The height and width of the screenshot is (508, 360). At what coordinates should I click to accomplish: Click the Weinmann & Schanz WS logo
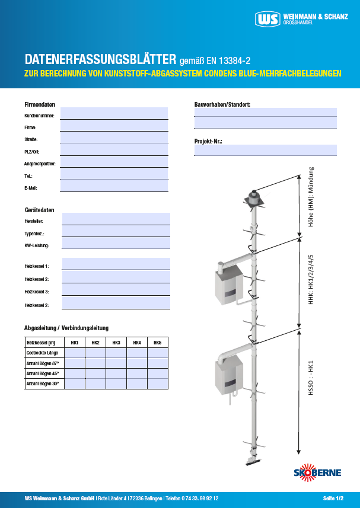[268, 19]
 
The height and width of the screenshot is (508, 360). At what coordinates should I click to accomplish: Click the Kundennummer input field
[114, 113]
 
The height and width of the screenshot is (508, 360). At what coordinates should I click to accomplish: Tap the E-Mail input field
[114, 186]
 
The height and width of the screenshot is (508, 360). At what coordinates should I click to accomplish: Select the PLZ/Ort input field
[114, 150]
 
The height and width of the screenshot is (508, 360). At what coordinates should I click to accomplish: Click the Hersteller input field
[116, 219]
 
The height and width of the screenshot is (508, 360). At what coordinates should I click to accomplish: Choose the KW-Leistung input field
[116, 243]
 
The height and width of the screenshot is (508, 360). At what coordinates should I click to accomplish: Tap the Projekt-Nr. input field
[265, 150]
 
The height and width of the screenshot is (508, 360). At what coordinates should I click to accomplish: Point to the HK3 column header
[116, 343]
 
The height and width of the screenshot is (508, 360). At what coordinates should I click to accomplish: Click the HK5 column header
[157, 343]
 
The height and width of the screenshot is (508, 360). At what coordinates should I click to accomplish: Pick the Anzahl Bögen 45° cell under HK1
[75, 373]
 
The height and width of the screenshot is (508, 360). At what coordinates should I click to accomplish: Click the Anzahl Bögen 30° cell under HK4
[136, 384]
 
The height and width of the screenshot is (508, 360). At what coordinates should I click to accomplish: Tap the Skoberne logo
[318, 472]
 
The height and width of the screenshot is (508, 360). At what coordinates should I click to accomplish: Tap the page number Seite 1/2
[333, 498]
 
